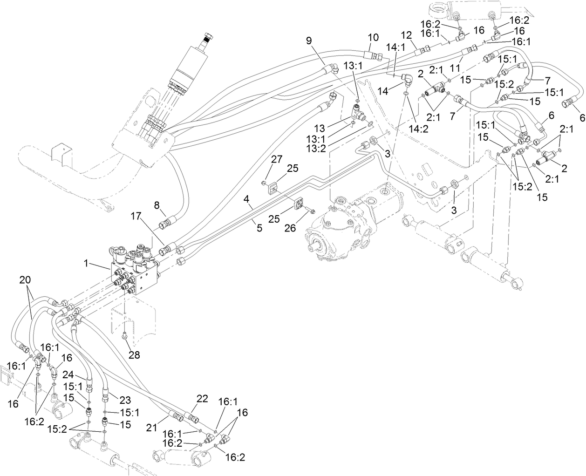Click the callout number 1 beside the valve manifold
[x=86, y=263]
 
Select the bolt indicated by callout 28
[x=125, y=335]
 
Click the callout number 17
[x=136, y=216]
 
